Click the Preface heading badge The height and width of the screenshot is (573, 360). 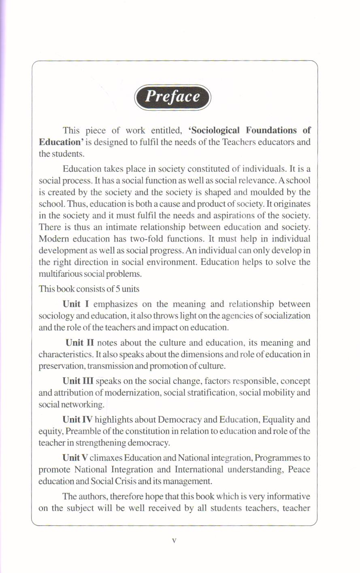coord(173,97)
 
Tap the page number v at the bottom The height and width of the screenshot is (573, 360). coord(174,540)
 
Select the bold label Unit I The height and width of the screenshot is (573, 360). coord(76,304)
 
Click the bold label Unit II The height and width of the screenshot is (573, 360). coord(80,342)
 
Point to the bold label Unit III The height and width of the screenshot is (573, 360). coord(78,381)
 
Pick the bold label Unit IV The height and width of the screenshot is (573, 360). coord(77,419)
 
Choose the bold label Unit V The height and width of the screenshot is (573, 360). coord(75,458)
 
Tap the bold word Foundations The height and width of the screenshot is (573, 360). coord(271,130)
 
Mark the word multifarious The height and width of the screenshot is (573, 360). coord(59,274)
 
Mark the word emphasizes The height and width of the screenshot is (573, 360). coord(116,304)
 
